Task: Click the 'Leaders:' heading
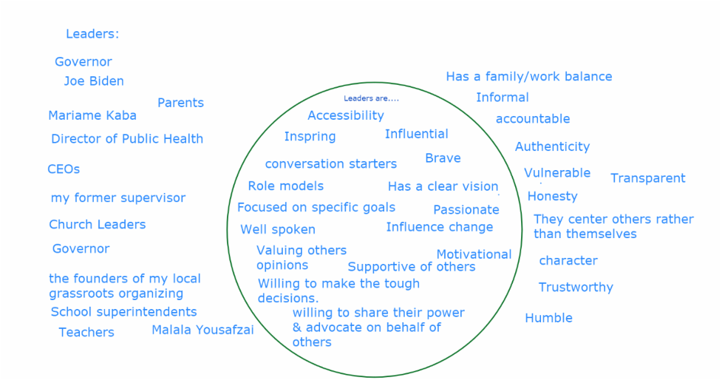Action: click(x=92, y=33)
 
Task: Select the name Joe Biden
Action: click(x=94, y=81)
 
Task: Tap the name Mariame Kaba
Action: click(x=92, y=115)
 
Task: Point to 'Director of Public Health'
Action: click(x=127, y=139)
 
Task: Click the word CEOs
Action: click(x=64, y=169)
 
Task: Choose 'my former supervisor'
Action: click(x=118, y=198)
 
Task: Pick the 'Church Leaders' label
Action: click(x=97, y=224)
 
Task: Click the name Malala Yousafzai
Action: click(x=202, y=330)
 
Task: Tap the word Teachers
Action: click(x=86, y=332)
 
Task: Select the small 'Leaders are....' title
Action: click(x=371, y=98)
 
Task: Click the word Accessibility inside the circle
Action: click(x=345, y=115)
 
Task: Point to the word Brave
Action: click(x=443, y=158)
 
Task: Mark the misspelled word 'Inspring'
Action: click(x=310, y=137)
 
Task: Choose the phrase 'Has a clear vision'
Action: click(x=443, y=186)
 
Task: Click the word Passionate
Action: click(x=466, y=209)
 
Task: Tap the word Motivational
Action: click(x=474, y=254)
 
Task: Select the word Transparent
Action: click(x=648, y=178)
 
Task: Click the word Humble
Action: click(x=548, y=318)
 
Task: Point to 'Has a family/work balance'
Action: click(x=529, y=76)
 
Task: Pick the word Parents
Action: click(x=180, y=103)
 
